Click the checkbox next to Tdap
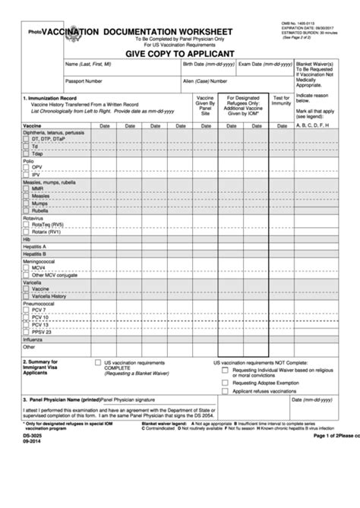[27, 153]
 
